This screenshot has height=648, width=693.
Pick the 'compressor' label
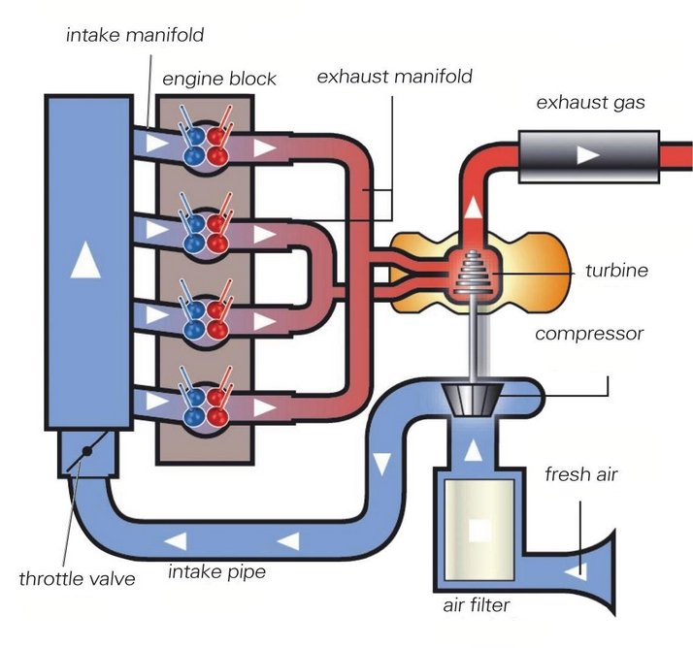coord(589,335)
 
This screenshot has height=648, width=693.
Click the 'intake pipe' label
coord(217,571)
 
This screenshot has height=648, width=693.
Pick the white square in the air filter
coord(478,531)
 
